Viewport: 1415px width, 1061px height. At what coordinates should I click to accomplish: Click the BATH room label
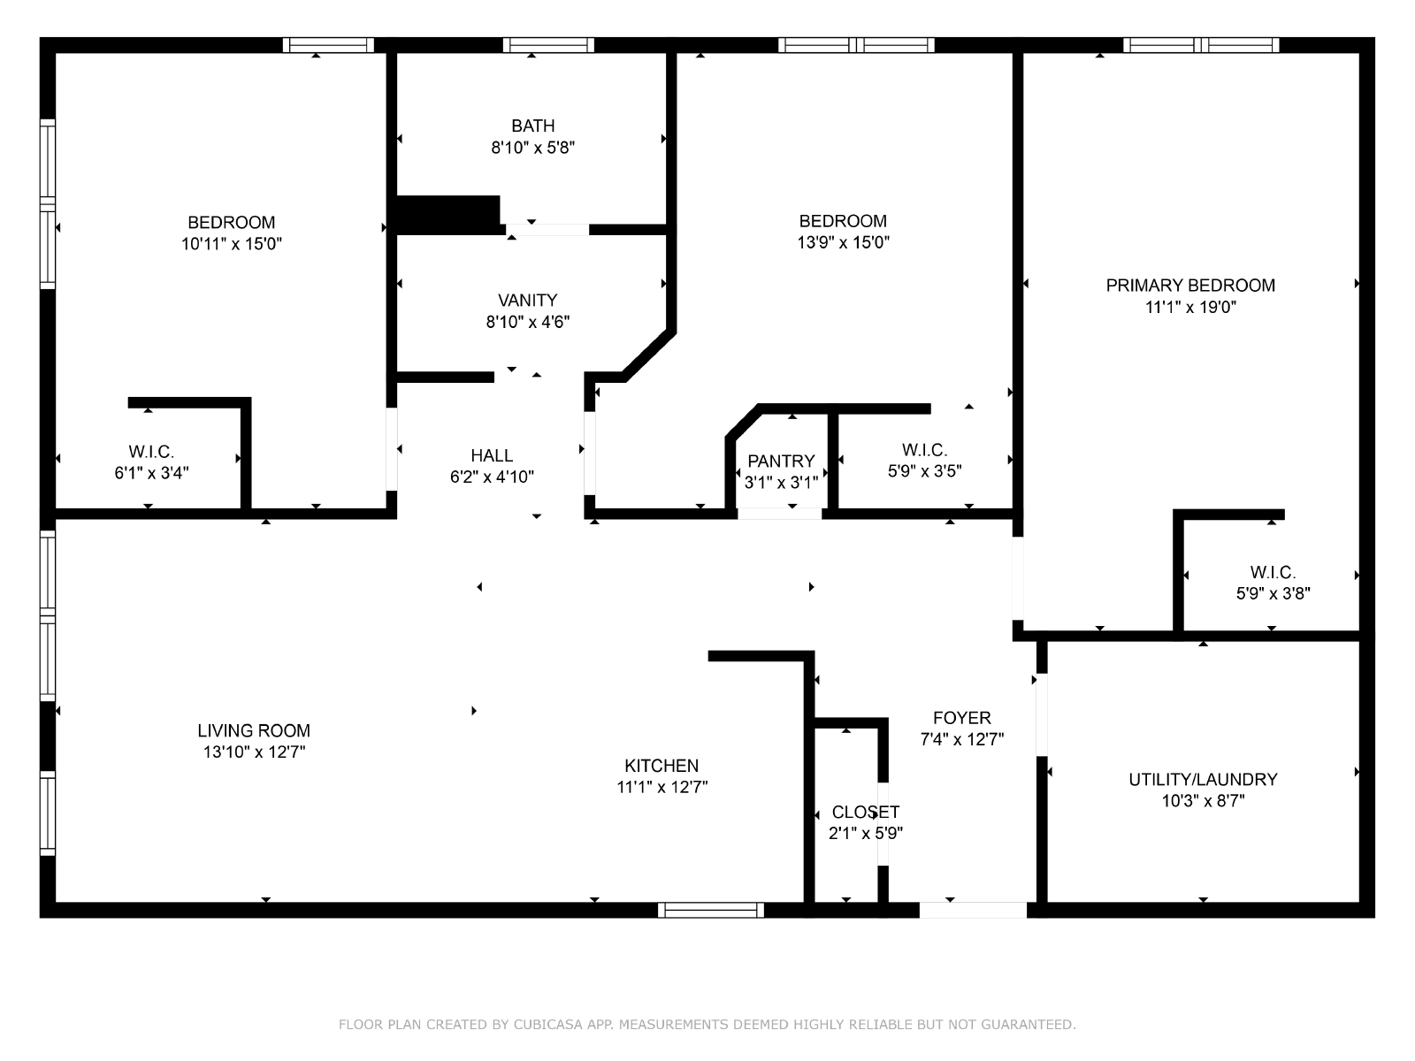click(532, 126)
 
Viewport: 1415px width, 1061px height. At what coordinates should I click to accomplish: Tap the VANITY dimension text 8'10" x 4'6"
click(527, 322)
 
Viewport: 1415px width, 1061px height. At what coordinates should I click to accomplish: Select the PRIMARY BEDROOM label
click(1190, 286)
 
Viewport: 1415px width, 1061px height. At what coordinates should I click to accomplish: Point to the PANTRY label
click(781, 462)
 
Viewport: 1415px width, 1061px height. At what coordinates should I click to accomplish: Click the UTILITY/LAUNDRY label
click(1202, 780)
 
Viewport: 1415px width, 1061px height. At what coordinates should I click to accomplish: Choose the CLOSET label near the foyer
click(865, 812)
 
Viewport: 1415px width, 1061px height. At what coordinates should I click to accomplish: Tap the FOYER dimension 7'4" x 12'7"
click(962, 739)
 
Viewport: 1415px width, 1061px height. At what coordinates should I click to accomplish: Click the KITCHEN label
click(662, 766)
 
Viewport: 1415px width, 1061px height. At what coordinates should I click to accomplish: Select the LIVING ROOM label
click(253, 730)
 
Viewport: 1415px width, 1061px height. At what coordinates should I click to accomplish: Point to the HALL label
click(492, 455)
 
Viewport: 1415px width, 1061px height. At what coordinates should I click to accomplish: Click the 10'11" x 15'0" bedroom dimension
click(232, 243)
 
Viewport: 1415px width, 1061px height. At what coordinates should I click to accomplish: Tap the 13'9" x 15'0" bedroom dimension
click(843, 242)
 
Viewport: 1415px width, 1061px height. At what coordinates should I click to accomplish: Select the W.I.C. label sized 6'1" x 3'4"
click(151, 452)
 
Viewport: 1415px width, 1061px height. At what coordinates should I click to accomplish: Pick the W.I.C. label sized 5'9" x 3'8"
click(1273, 572)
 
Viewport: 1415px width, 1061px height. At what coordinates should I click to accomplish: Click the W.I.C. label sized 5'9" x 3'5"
click(924, 450)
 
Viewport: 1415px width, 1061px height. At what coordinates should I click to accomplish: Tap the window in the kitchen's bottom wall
click(710, 910)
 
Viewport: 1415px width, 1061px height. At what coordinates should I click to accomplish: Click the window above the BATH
click(548, 45)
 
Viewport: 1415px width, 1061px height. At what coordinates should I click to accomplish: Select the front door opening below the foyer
click(973, 910)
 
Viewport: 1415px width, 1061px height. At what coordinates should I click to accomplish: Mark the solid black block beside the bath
click(448, 215)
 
